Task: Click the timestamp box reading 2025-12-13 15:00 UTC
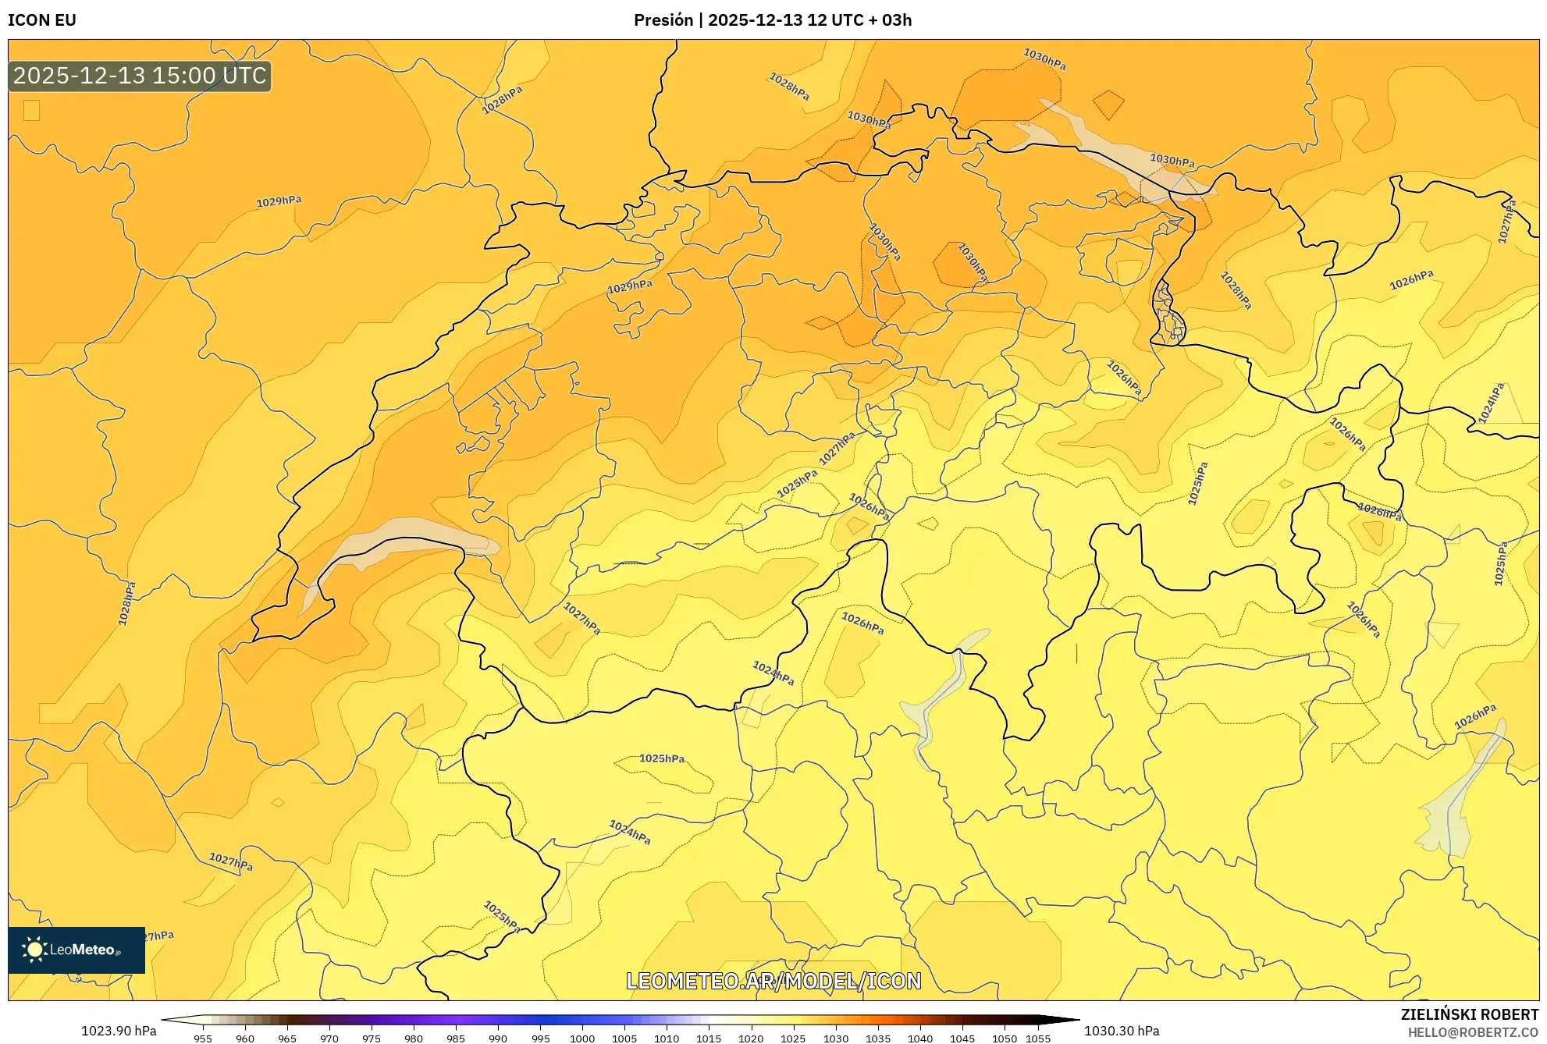pyautogui.click(x=140, y=76)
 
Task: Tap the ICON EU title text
pyautogui.click(x=42, y=20)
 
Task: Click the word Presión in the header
pyautogui.click(x=663, y=20)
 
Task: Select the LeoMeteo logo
pyautogui.click(x=76, y=950)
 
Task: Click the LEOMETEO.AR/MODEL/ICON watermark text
pyautogui.click(x=773, y=981)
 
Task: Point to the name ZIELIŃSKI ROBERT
pyautogui.click(x=1470, y=1014)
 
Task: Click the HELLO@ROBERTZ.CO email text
pyautogui.click(x=1473, y=1032)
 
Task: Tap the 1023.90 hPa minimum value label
pyautogui.click(x=119, y=1031)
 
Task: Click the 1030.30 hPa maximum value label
pyautogui.click(x=1122, y=1031)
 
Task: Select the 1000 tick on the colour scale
pyautogui.click(x=582, y=1039)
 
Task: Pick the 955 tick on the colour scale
pyautogui.click(x=203, y=1039)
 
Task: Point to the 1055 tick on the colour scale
pyautogui.click(x=1038, y=1039)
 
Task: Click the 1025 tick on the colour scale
pyautogui.click(x=793, y=1039)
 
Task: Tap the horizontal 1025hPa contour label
pyautogui.click(x=662, y=758)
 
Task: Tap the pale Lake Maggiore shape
pyautogui.click(x=941, y=694)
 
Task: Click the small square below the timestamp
pyautogui.click(x=31, y=110)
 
